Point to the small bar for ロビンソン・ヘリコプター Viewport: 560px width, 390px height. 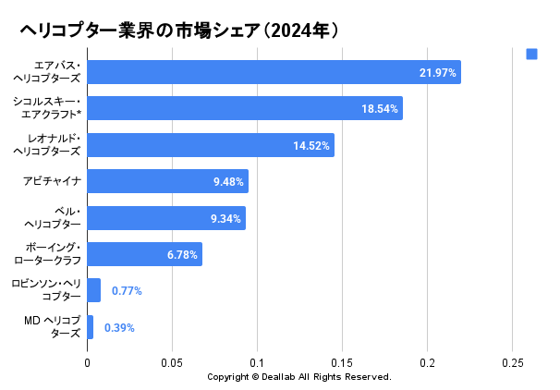pos(93,290)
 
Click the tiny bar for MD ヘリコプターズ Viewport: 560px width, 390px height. pos(90,327)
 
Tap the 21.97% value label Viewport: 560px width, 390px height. pos(438,72)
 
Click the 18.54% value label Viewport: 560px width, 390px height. pos(380,108)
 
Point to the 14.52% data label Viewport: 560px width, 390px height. pos(311,145)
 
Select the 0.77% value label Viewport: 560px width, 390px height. pos(127,290)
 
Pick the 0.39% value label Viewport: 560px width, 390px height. pos(119,327)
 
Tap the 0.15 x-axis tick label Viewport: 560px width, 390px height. pos(342,363)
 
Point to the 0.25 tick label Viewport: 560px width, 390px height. pos(512,363)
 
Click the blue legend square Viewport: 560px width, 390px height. pos(531,54)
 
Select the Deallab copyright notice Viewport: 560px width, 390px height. pos(298,377)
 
